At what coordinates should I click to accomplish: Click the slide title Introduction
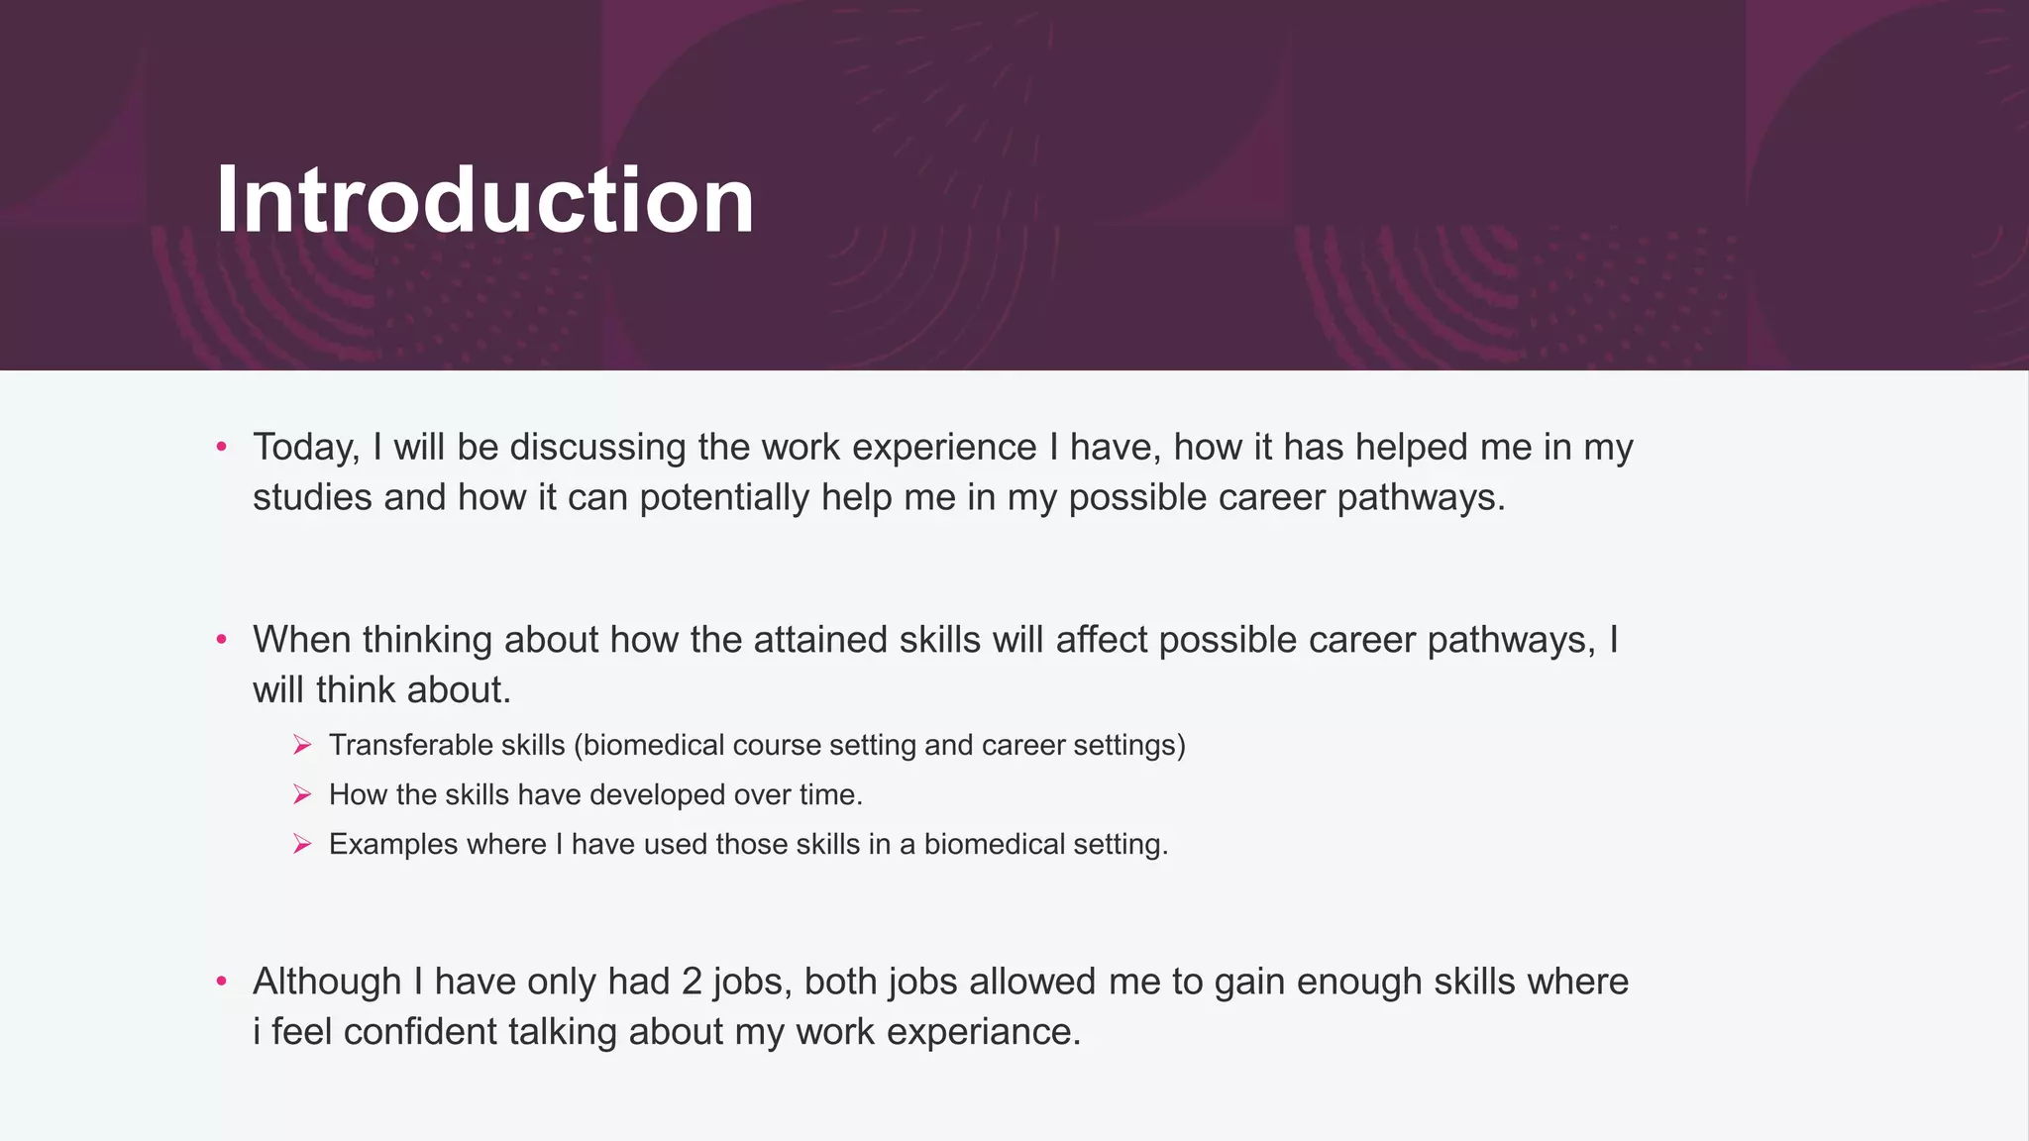coord(484,200)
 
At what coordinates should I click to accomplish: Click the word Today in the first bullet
coord(304,448)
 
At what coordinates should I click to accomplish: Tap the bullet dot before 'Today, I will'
coord(222,448)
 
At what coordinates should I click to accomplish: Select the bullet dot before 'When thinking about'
coord(222,640)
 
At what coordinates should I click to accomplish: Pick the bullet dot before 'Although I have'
coord(222,982)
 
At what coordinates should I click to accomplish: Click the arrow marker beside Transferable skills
coord(302,745)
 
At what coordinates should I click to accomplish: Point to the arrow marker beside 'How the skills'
coord(302,794)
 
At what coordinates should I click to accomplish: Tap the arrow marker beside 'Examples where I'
coord(302,844)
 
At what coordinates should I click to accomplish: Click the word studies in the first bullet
coord(312,497)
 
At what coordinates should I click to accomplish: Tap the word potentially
coord(724,497)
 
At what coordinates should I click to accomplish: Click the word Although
coord(327,982)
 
